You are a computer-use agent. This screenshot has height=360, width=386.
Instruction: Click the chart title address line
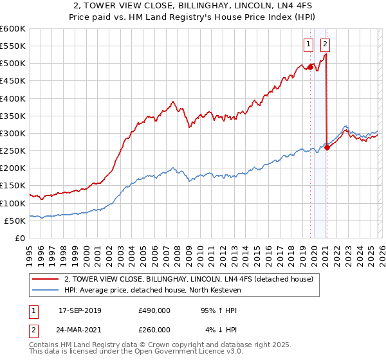click(x=192, y=7)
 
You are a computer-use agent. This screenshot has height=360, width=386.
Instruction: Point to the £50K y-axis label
click(x=15, y=221)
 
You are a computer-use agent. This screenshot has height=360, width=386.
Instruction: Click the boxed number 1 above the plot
click(x=309, y=44)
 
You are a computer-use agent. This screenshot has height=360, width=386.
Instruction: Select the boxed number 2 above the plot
click(x=325, y=44)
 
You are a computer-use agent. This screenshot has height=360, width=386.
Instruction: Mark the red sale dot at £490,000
click(x=310, y=66)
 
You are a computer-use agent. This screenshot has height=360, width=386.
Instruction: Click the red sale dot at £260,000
click(x=327, y=147)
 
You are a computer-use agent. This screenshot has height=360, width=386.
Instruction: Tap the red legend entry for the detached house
click(x=188, y=279)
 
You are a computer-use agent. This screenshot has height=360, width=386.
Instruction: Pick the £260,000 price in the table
click(x=154, y=330)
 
